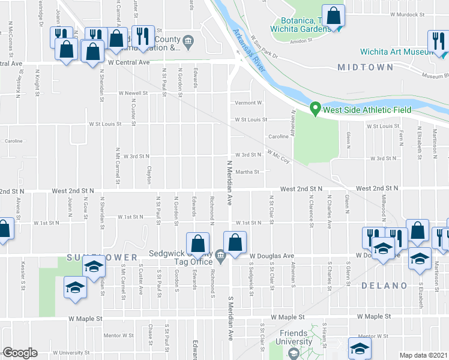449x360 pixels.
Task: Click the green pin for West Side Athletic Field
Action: click(x=314, y=109)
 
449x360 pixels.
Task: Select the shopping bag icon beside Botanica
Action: click(x=333, y=17)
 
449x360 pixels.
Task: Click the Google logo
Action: click(x=19, y=353)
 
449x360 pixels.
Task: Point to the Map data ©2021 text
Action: click(x=424, y=355)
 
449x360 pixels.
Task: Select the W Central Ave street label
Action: click(x=128, y=62)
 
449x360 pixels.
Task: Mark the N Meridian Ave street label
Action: click(x=229, y=183)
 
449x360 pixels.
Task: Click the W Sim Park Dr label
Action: click(x=265, y=47)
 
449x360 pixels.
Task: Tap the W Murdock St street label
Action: click(x=407, y=13)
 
